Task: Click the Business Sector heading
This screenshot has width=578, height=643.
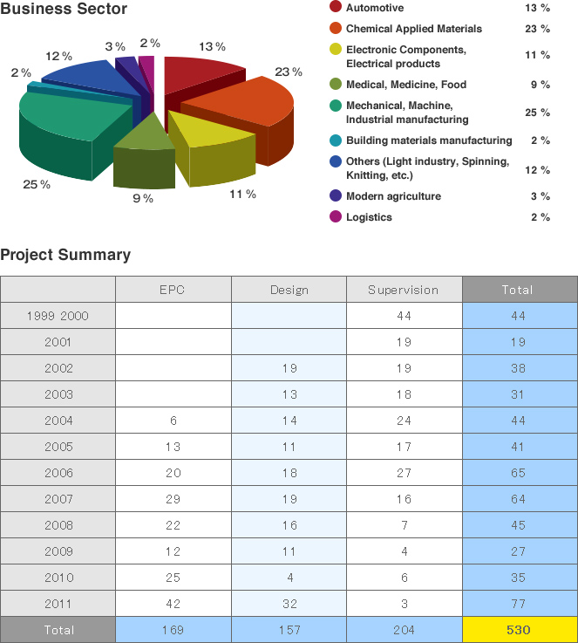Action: point(64,10)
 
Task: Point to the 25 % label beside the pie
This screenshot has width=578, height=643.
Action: point(37,184)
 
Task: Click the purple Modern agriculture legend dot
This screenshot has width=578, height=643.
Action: point(335,195)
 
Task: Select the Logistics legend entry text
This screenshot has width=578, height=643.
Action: point(369,217)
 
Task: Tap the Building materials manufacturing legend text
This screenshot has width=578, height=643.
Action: point(429,140)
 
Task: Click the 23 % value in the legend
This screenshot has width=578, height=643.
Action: point(539,29)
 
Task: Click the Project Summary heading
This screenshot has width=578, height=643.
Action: point(65,255)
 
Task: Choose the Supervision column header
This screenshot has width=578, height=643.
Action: point(403,290)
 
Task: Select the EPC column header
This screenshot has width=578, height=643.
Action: point(173,290)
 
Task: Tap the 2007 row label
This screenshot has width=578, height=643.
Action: point(58,499)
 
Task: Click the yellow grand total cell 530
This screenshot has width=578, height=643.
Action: point(520,629)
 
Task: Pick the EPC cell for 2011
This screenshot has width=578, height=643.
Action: point(173,603)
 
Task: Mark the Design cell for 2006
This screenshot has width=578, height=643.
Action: point(289,473)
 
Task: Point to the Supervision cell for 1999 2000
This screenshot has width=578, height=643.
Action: point(403,316)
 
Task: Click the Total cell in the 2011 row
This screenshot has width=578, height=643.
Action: point(520,603)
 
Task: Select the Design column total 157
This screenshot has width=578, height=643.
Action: point(289,629)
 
